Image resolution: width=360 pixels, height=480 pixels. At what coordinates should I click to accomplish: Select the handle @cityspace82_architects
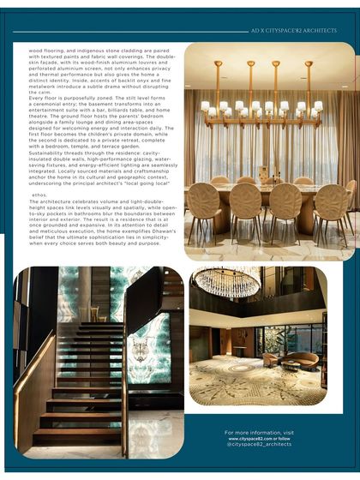tap(259, 445)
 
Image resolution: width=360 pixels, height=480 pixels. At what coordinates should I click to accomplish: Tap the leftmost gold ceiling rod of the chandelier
tap(218, 81)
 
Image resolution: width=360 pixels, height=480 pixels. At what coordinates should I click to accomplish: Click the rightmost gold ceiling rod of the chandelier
tap(309, 81)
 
